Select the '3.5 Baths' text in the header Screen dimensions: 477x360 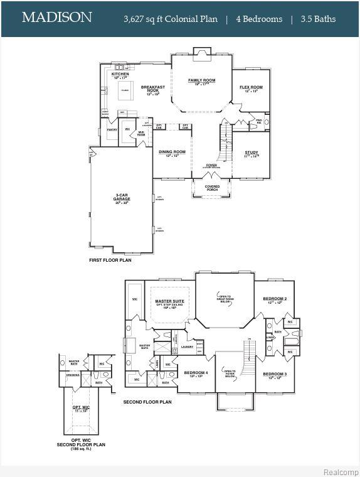[x=317, y=19]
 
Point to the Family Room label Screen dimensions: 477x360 [x=201, y=81]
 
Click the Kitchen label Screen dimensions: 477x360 [x=120, y=74]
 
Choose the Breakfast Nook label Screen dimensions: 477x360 [x=153, y=89]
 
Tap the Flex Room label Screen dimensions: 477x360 [x=251, y=88]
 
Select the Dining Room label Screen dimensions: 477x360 [x=172, y=153]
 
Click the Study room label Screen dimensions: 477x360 [x=251, y=153]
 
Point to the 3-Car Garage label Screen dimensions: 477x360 [x=122, y=198]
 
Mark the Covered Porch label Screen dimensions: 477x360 [x=211, y=186]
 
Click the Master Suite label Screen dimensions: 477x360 [x=169, y=302]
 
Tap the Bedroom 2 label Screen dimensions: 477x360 [x=275, y=299]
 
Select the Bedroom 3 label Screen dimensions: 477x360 [x=275, y=375]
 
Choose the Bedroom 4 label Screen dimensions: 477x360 [x=196, y=374]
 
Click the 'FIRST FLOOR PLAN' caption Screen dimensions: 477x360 [x=110, y=259]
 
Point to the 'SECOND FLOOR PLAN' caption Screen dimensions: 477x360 [x=147, y=402]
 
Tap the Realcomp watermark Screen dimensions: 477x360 [x=341, y=471]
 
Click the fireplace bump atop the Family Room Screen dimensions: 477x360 [x=202, y=53]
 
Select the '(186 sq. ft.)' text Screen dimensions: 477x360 [x=88, y=449]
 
